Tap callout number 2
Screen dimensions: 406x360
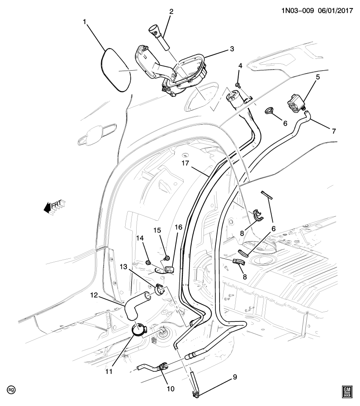tap(171, 12)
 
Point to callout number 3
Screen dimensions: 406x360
tap(231, 49)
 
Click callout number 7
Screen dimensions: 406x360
tap(334, 131)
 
